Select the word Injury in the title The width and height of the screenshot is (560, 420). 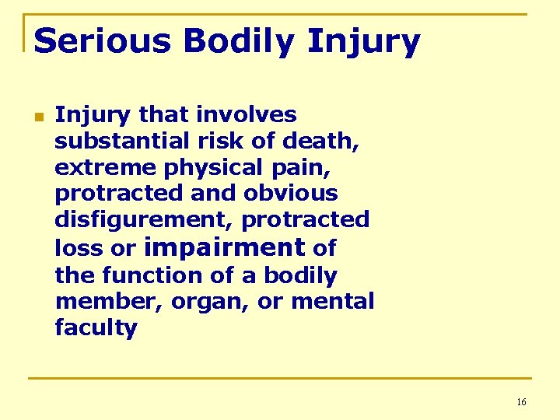(363, 42)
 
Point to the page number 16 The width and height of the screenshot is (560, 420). (521, 402)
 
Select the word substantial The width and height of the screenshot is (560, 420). (114, 142)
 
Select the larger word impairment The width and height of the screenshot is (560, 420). (224, 247)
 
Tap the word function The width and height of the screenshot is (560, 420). (158, 275)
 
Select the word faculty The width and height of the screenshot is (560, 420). (96, 328)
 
